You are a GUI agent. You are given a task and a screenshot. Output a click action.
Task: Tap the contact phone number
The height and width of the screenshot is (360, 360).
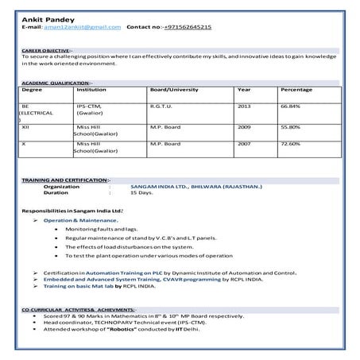188,27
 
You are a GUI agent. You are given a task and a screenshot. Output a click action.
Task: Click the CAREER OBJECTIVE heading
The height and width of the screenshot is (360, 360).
46,49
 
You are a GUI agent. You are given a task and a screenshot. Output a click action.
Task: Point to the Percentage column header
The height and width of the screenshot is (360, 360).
296,90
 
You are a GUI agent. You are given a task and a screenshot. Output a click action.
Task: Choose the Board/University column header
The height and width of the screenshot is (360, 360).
174,90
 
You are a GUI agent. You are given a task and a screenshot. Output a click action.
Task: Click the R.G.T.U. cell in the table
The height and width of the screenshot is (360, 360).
161,106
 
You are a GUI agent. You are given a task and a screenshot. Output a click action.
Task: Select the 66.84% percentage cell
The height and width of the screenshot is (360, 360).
290,106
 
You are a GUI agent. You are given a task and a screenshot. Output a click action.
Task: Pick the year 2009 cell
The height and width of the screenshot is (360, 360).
244,126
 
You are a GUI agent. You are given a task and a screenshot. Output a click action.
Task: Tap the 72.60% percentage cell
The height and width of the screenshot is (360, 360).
290,144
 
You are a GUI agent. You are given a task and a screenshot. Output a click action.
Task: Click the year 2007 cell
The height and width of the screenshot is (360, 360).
244,144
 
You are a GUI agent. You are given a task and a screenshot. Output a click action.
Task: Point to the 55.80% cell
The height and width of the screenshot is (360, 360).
290,126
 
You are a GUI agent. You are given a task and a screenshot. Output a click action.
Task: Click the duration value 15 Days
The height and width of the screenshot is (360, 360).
141,192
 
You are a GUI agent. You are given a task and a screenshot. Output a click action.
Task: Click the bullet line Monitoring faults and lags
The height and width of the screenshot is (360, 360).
101,228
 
